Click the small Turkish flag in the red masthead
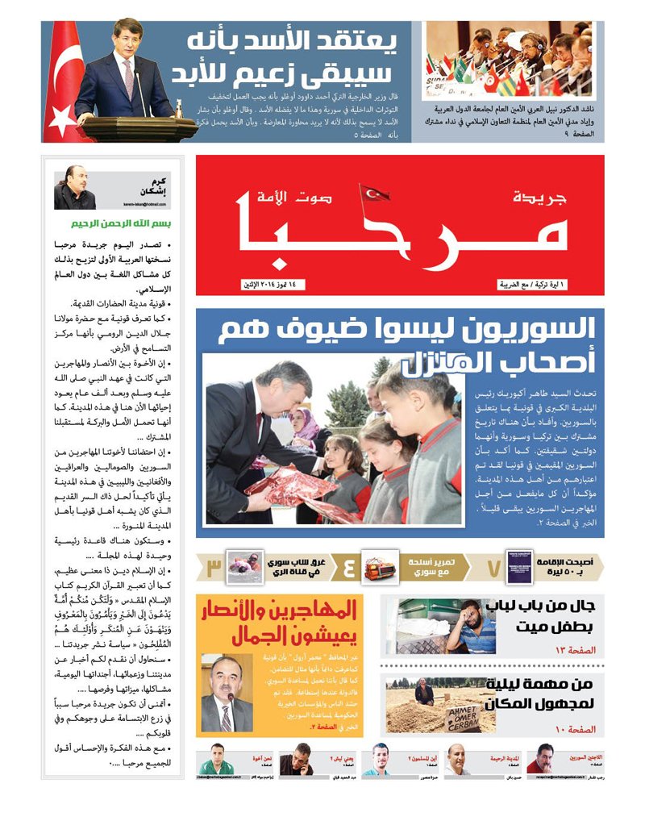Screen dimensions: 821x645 pyautogui.click(x=375, y=194)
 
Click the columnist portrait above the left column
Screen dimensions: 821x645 pyautogui.click(x=75, y=192)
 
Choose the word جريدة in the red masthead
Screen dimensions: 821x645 pyautogui.click(x=539, y=197)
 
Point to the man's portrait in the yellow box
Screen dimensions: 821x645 pyautogui.click(x=221, y=692)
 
